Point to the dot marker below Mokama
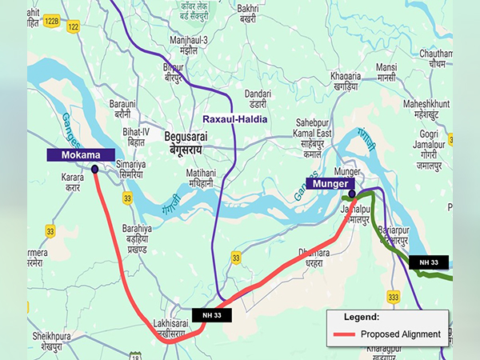pyautogui.click(x=95, y=169)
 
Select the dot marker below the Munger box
pyautogui.click(x=352, y=194)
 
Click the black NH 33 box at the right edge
pyautogui.click(x=428, y=262)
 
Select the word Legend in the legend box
pyautogui.click(x=361, y=317)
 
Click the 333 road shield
pyautogui.click(x=393, y=297)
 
